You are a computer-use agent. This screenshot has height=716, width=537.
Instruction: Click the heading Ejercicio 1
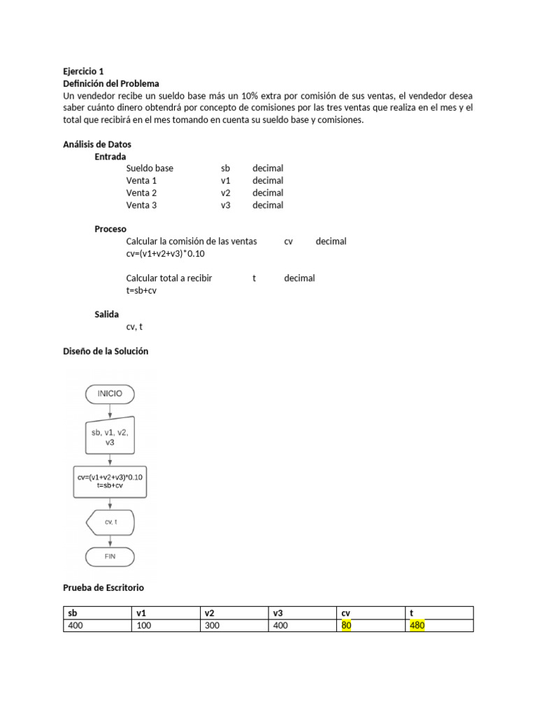83,71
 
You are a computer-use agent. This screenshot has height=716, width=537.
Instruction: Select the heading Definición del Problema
111,83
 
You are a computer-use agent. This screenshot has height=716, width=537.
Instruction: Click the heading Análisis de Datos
97,144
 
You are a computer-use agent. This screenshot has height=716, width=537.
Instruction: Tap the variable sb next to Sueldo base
225,169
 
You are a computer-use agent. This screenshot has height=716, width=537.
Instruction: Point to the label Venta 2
141,193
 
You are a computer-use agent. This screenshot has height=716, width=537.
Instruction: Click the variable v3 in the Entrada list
225,206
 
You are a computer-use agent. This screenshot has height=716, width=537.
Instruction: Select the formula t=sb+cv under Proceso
141,290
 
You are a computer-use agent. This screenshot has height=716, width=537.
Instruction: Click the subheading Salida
107,315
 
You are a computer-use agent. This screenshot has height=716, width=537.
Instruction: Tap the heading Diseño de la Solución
106,352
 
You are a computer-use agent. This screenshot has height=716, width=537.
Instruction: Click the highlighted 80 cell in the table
346,626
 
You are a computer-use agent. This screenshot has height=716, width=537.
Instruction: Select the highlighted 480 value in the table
417,626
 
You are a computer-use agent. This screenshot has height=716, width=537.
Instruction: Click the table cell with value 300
212,626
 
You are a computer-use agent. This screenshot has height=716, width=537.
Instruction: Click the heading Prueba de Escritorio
103,588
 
